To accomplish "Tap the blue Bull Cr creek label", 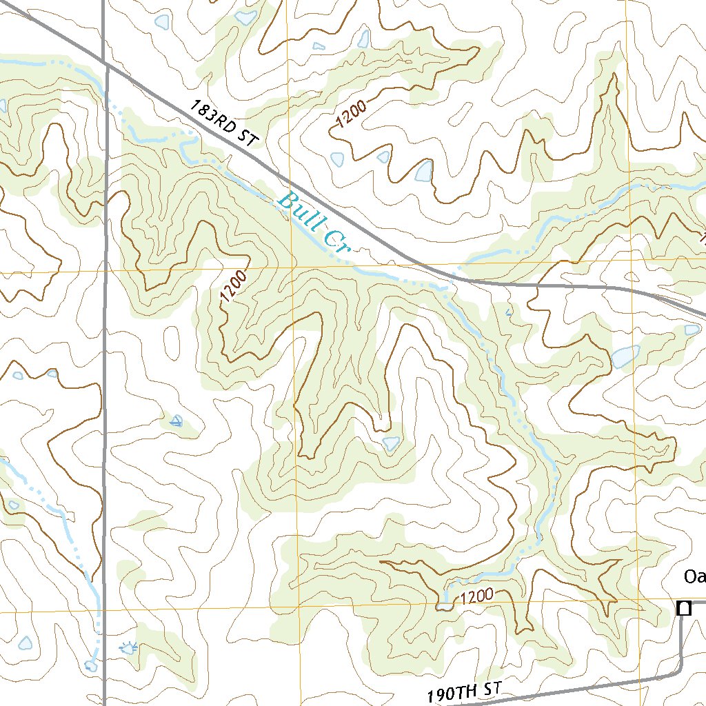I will coord(314,223).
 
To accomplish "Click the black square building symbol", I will coord(683,608).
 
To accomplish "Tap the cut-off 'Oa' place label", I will coord(694,576).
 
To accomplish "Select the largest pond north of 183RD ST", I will coord(423,171).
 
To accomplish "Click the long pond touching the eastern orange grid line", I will coord(625,356).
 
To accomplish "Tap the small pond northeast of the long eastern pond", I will coord(692,330).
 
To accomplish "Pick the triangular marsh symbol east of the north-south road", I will coord(176,421).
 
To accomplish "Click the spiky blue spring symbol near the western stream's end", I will coord(128,647).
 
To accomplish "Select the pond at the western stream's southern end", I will coord(90,666).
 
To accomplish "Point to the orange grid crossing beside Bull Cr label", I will coord(292,266).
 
